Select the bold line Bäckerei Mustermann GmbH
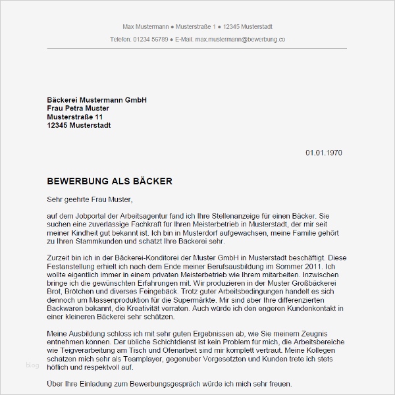coord(97,99)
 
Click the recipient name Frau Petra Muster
coord(78,108)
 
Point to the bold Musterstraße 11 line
coord(75,117)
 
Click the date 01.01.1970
coord(323,153)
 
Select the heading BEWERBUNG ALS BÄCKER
coord(110,180)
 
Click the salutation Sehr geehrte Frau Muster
coord(90,199)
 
